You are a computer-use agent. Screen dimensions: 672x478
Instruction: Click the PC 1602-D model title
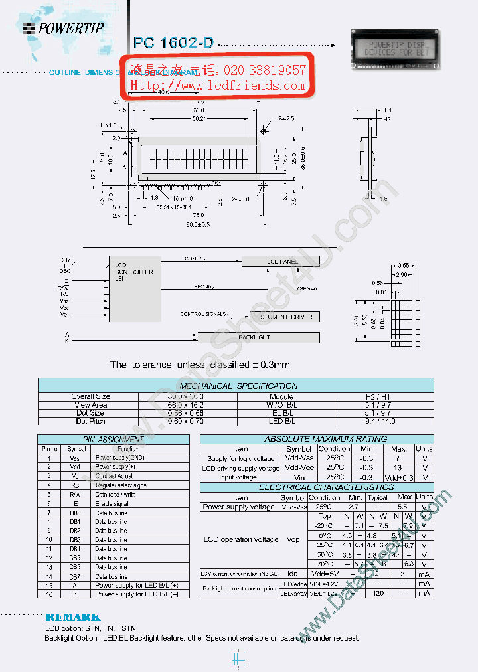click(x=173, y=43)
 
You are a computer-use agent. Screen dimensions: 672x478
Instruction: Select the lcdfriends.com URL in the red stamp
click(x=218, y=86)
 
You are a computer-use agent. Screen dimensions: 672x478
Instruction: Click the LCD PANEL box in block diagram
click(x=282, y=262)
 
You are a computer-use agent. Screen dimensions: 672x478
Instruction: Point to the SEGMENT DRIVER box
click(x=285, y=317)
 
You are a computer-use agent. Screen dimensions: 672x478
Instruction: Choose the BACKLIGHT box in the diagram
click(x=254, y=337)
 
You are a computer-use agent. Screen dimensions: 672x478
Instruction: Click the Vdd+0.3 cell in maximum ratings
click(x=399, y=477)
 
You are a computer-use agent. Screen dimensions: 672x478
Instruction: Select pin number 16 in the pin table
click(x=48, y=594)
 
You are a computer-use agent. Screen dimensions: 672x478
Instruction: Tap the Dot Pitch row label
click(x=90, y=421)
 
